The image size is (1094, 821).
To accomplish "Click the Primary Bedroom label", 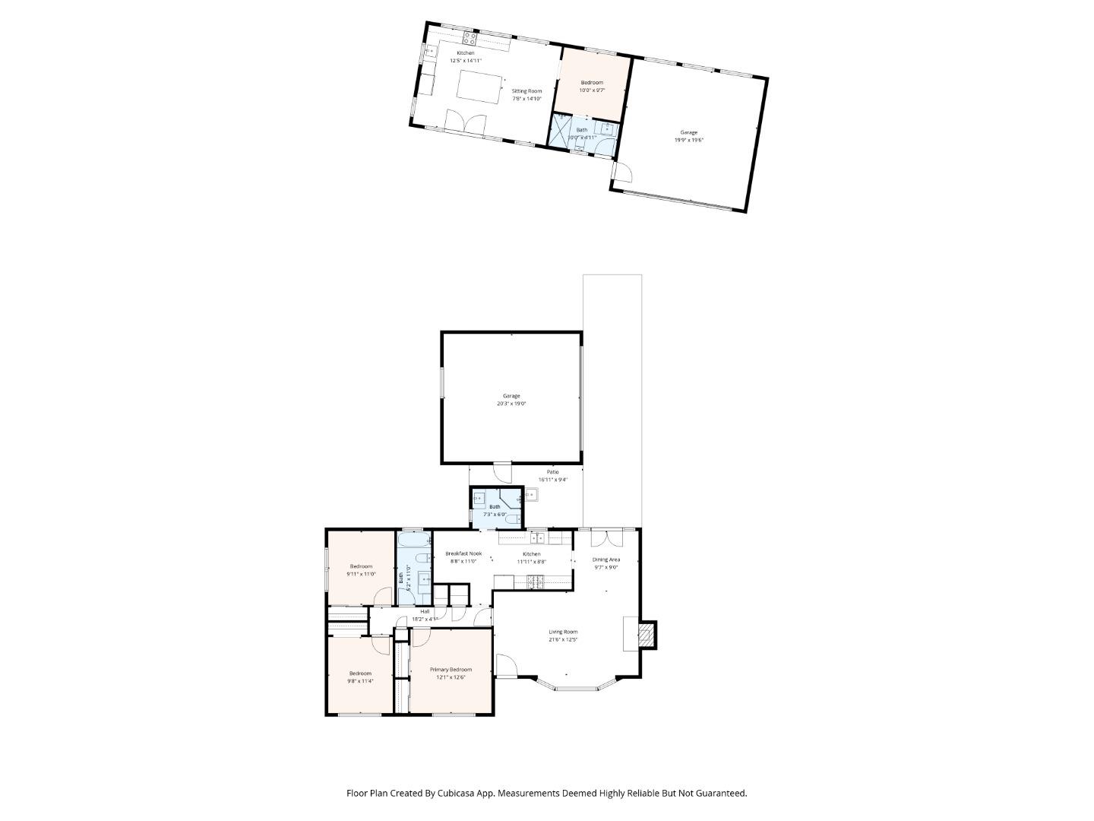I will click(x=451, y=670).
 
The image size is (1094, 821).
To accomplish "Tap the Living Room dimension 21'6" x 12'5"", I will click(x=563, y=640).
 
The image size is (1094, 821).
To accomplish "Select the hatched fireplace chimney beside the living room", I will click(x=646, y=634).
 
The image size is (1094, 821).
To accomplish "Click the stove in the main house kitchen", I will click(x=536, y=582).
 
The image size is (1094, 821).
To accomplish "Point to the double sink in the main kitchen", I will click(x=538, y=537).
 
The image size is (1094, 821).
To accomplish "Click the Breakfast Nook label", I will click(x=463, y=553).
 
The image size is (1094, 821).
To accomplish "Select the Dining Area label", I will click(x=606, y=559).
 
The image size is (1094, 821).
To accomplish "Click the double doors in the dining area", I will click(x=605, y=537).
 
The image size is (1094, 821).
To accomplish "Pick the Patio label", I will click(x=552, y=472).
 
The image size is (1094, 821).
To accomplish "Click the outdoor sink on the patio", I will click(x=531, y=496).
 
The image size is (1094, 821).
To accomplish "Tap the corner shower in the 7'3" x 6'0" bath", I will click(x=511, y=499).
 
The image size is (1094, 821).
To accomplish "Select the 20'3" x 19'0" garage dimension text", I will click(x=511, y=404).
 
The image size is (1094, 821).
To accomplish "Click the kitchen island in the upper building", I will click(x=481, y=87).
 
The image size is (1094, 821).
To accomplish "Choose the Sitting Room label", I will click(x=526, y=90).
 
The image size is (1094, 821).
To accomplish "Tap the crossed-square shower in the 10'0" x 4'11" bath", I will click(x=561, y=130).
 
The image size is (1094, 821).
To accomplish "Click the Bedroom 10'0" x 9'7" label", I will click(x=592, y=82).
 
